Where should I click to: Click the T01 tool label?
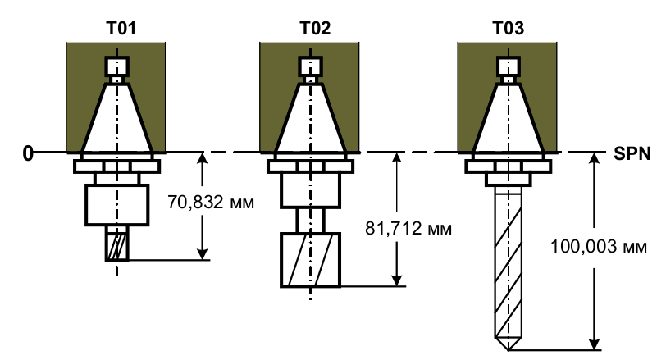(x=121, y=28)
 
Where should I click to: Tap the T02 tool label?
(x=315, y=28)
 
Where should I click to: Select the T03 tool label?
(x=508, y=28)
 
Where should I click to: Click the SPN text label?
(x=632, y=153)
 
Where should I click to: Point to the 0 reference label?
(x=28, y=153)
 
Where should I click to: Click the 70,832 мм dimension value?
(x=211, y=203)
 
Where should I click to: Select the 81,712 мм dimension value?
(x=408, y=229)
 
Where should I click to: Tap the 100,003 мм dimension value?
(x=599, y=247)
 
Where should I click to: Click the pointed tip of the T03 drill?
(x=508, y=350)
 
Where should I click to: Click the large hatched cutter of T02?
(x=311, y=260)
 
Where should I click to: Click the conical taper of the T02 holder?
(x=311, y=118)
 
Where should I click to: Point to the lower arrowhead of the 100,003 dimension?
(x=595, y=344)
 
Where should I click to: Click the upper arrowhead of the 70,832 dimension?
(x=203, y=158)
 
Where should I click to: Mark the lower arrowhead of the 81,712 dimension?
(x=397, y=280)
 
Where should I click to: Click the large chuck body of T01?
(x=116, y=205)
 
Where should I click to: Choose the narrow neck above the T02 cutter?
(x=311, y=221)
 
